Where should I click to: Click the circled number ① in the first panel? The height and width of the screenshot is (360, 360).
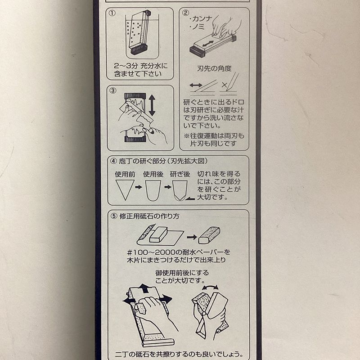point(112,13)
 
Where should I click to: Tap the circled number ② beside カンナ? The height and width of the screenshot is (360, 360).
point(185,13)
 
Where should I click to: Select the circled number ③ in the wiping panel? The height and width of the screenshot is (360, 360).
point(113,90)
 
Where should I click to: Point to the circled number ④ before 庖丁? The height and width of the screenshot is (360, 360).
point(114,161)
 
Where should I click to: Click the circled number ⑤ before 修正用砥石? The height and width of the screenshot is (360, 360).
point(114,216)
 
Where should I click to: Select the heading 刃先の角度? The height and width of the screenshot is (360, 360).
point(214,68)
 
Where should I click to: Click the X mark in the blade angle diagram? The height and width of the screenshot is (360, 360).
point(224,85)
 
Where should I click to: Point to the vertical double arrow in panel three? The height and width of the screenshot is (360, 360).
point(152,105)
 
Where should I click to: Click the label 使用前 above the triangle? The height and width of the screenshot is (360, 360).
point(125,174)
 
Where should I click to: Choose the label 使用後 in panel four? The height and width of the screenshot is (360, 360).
point(153,174)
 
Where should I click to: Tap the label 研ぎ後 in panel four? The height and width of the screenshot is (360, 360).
point(180,174)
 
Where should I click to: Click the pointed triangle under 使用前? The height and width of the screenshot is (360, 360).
point(125,190)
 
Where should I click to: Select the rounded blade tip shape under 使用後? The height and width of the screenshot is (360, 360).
point(153,190)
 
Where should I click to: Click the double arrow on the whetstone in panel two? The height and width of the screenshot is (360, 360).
point(208,43)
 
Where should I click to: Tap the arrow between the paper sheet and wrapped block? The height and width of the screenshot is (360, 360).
point(192,237)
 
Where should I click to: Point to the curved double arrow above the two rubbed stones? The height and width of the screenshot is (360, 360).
point(210,288)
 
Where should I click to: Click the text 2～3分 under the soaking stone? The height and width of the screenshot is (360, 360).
point(126,66)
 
